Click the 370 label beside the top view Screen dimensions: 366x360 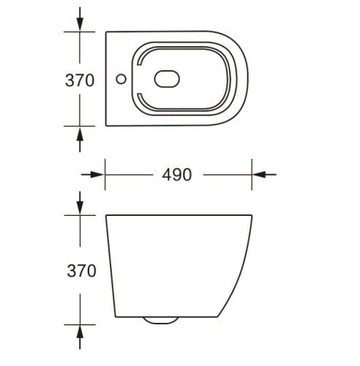pyautogui.click(x=79, y=79)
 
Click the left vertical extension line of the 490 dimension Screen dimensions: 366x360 pyautogui.click(x=105, y=176)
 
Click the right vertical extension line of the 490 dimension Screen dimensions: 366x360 pyautogui.click(x=253, y=176)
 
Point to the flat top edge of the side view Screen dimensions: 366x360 pyautogui.click(x=179, y=216)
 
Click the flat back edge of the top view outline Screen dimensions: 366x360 pyautogui.click(x=107, y=79)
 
